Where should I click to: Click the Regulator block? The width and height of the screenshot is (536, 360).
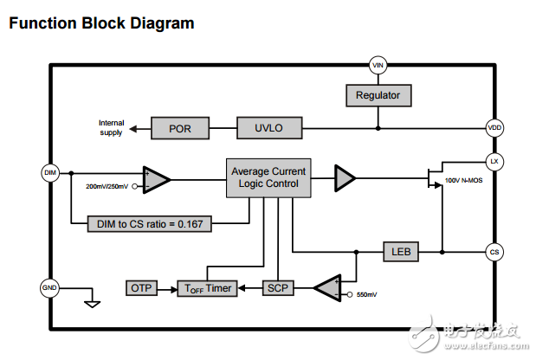(378, 94)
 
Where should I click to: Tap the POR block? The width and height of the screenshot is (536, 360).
(181, 129)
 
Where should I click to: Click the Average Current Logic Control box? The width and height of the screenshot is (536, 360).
(268, 177)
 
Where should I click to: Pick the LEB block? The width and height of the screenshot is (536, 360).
(401, 253)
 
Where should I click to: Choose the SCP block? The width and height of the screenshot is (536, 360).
(277, 287)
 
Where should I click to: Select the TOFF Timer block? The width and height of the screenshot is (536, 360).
(207, 287)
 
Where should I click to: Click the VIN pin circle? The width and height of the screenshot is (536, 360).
(378, 65)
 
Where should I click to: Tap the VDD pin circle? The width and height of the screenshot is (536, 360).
(494, 128)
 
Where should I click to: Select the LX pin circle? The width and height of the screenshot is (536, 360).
(494, 162)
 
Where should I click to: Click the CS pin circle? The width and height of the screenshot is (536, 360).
(494, 253)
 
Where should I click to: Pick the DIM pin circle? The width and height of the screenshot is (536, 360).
(49, 172)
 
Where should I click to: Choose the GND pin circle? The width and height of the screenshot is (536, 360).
(49, 287)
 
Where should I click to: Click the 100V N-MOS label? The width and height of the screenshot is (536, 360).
(465, 179)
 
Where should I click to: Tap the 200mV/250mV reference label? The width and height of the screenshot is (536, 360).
(107, 187)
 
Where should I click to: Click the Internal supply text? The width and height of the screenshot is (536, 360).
(111, 127)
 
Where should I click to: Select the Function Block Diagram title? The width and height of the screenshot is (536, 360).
(100, 23)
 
